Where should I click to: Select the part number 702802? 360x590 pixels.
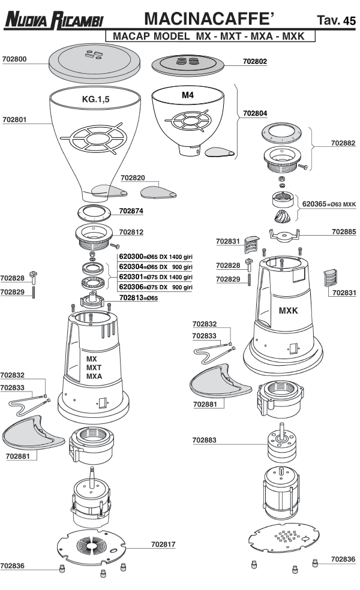pos(255,61)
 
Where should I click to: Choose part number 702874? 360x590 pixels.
pos(131,211)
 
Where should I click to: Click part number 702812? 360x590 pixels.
pos(131,231)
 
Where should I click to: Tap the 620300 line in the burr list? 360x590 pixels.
pos(156,257)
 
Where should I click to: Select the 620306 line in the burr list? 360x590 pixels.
pos(156,287)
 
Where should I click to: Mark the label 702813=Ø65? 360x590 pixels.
pos(139,297)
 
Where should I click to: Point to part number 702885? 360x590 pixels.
pos(344,230)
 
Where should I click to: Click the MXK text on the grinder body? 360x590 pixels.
pos(289,311)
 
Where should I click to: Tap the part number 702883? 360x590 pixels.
pos(205,440)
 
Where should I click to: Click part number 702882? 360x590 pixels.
pos(343,143)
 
